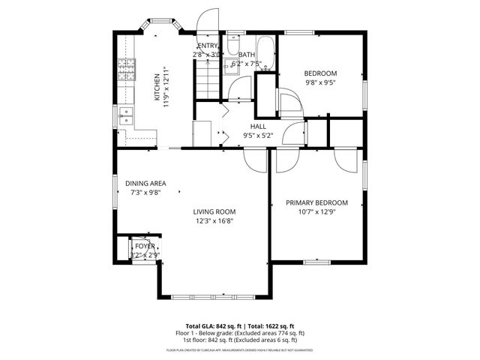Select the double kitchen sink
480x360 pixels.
click(125, 115)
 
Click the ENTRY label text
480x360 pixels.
click(207, 46)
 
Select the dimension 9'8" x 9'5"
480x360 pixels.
click(320, 83)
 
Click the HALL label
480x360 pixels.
click(258, 126)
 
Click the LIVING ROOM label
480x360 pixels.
click(214, 211)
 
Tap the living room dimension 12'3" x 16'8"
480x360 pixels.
click(214, 221)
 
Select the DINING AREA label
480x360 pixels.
click(145, 183)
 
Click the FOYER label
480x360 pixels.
click(145, 246)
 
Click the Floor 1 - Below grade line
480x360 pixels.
click(240, 333)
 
